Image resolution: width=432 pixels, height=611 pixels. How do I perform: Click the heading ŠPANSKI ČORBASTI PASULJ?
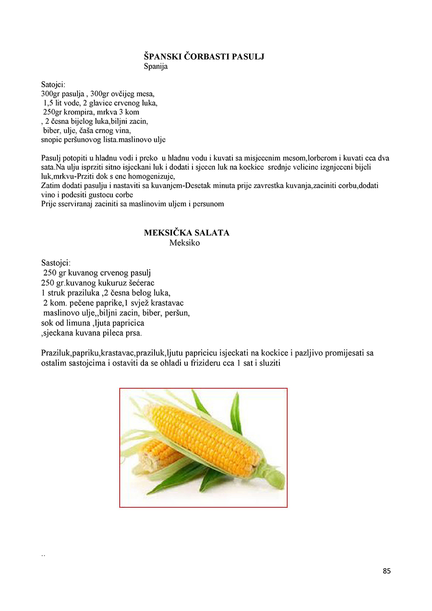pos(204,57)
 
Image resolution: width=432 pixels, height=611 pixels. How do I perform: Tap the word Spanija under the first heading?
pos(156,67)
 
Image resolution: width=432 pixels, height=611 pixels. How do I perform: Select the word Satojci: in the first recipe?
pos(56,84)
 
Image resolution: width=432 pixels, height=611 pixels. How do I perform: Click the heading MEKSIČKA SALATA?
pos(187,233)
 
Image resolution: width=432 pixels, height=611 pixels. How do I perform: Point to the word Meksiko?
pos(184,243)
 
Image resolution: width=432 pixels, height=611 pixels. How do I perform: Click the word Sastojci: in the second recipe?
pos(56,263)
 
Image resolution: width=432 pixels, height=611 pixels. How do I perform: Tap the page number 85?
pos(387,571)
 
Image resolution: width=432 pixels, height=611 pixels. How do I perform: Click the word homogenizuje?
pos(149,176)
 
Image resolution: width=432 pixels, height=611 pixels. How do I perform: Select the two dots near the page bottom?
pos(43,555)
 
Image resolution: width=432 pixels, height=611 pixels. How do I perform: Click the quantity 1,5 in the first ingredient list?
pos(48,103)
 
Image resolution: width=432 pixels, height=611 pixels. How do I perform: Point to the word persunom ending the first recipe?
pos(208,204)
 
